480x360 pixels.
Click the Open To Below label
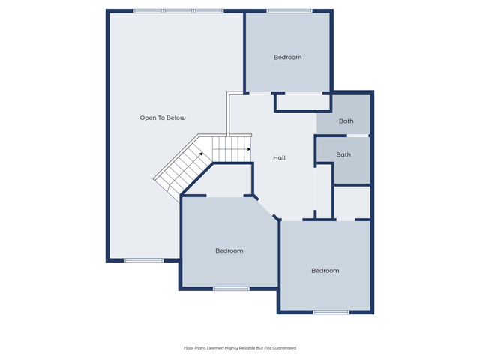[163, 118]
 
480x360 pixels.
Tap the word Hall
[280, 157]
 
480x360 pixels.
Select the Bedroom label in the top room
[287, 57]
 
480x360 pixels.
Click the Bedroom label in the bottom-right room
[325, 271]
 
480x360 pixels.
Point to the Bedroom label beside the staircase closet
[229, 250]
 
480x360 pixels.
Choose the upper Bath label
[346, 121]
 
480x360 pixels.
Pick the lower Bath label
[343, 155]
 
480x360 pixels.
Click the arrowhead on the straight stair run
[249, 149]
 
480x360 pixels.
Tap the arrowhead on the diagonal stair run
[201, 154]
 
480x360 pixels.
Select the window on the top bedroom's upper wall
[289, 11]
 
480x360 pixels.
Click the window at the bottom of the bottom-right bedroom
[331, 312]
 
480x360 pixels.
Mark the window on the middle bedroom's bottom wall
[232, 289]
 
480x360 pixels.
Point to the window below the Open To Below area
[143, 260]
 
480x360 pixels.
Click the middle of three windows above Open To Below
[178, 11]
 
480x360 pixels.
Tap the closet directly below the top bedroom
[303, 101]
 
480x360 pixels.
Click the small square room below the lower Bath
[352, 202]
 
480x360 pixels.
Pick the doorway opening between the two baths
[358, 136]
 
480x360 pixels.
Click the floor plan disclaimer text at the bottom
[240, 348]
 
